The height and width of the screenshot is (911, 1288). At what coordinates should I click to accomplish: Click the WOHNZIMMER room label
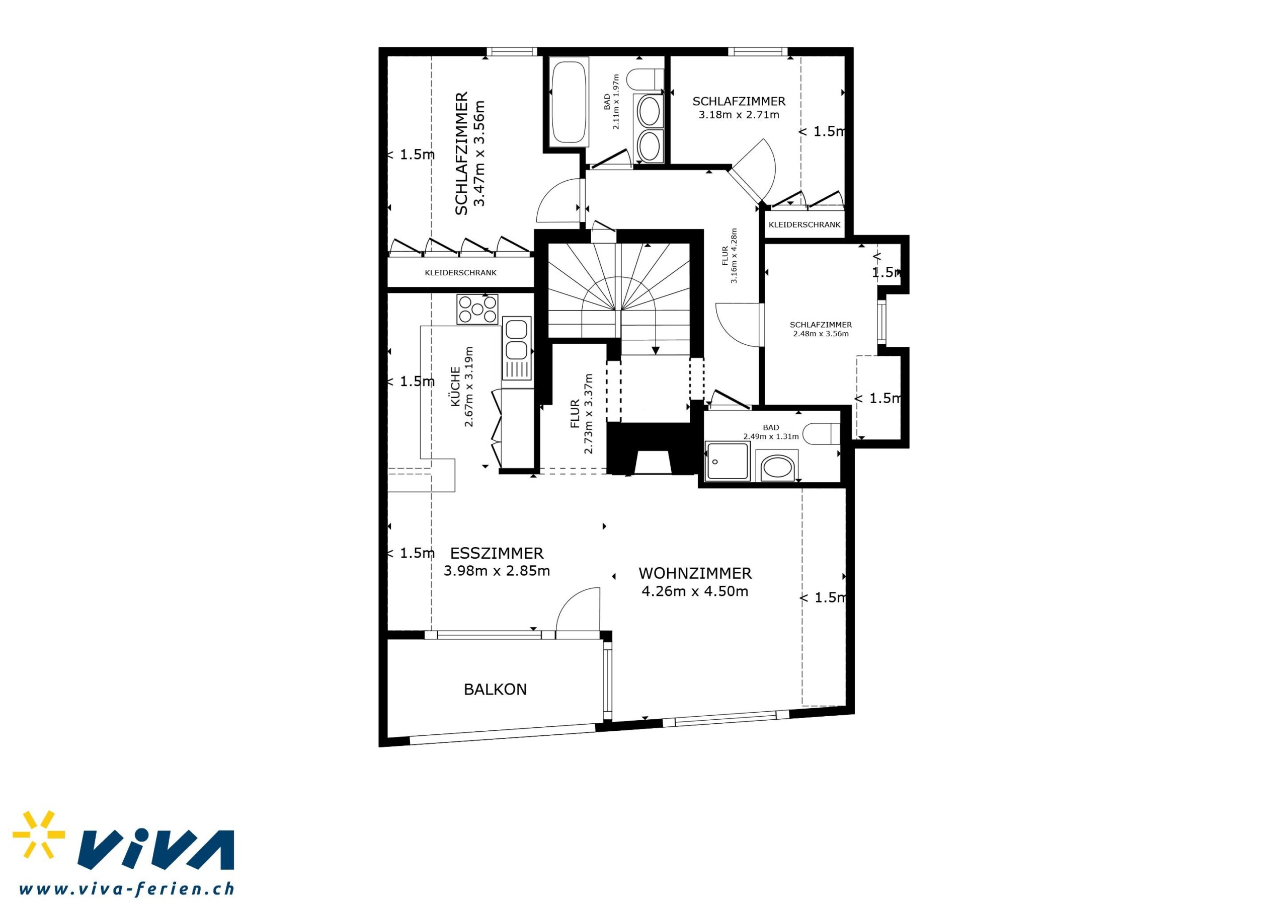pyautogui.click(x=695, y=573)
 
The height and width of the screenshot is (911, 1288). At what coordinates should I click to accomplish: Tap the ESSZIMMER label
pyautogui.click(x=497, y=554)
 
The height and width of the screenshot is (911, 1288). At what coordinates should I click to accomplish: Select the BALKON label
pyautogui.click(x=496, y=689)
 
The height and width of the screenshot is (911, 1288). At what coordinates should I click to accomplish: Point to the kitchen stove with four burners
pyautogui.click(x=477, y=309)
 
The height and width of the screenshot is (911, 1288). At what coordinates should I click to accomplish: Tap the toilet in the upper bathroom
pyautogui.click(x=646, y=79)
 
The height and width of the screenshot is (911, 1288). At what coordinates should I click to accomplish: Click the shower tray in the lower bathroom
pyautogui.click(x=728, y=461)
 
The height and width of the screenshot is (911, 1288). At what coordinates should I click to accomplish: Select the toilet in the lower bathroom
pyautogui.click(x=821, y=433)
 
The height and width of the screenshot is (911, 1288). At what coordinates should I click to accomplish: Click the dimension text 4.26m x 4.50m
pyautogui.click(x=695, y=591)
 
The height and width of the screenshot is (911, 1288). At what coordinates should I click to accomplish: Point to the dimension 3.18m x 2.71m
pyautogui.click(x=739, y=115)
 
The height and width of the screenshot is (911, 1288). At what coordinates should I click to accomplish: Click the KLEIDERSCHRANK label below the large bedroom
pyautogui.click(x=460, y=273)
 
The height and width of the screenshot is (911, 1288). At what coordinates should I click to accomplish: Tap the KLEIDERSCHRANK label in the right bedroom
pyautogui.click(x=804, y=224)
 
